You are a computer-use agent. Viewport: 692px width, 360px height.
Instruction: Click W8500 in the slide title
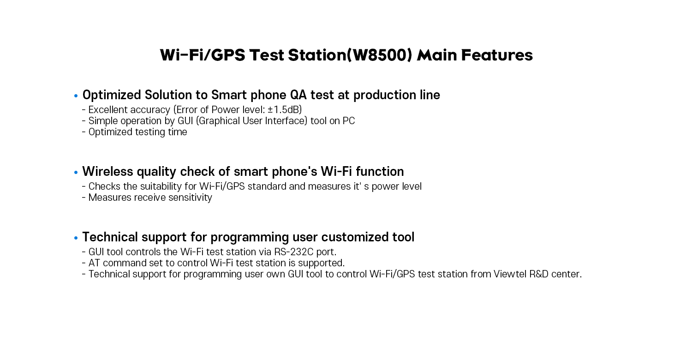[x=380, y=55]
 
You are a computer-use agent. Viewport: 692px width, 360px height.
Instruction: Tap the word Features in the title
[x=497, y=55]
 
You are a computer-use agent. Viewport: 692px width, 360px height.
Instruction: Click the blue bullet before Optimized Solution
[x=76, y=96]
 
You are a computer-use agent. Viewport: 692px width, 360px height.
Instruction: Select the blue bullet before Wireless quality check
[x=76, y=173]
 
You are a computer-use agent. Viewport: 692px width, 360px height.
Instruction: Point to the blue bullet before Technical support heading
[x=76, y=238]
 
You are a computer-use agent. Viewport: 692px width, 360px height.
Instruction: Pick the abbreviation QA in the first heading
[x=298, y=95]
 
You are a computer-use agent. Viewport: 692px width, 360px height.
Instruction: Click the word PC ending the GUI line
[x=348, y=121]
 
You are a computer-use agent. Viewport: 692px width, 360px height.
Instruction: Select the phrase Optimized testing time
[x=138, y=132]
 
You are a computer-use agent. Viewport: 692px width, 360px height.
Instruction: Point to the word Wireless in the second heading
[x=107, y=172]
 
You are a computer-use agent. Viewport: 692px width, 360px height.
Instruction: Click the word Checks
[x=104, y=186]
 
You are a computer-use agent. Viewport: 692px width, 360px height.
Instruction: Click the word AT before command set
[x=94, y=263]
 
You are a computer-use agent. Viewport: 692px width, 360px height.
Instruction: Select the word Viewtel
[x=510, y=274]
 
